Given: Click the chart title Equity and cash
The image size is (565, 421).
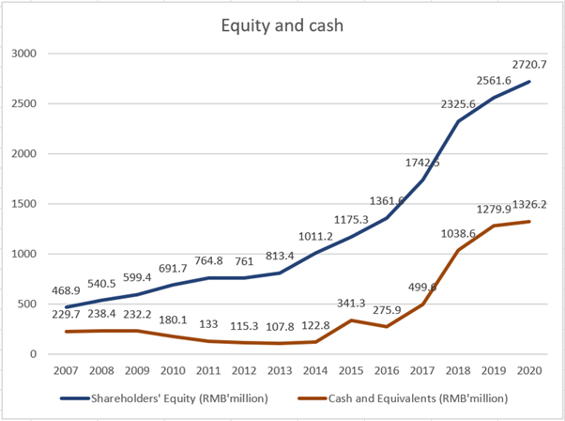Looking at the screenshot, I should coord(282,25).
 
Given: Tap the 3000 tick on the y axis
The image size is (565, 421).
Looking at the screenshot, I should coord(22,54).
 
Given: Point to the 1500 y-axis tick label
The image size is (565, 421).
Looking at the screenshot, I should coord(22,204).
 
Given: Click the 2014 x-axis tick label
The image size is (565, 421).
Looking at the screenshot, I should coord(313,371).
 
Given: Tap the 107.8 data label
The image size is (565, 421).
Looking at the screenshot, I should coord(279,326).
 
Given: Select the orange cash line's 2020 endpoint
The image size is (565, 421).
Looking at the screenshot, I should coord(531,222).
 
